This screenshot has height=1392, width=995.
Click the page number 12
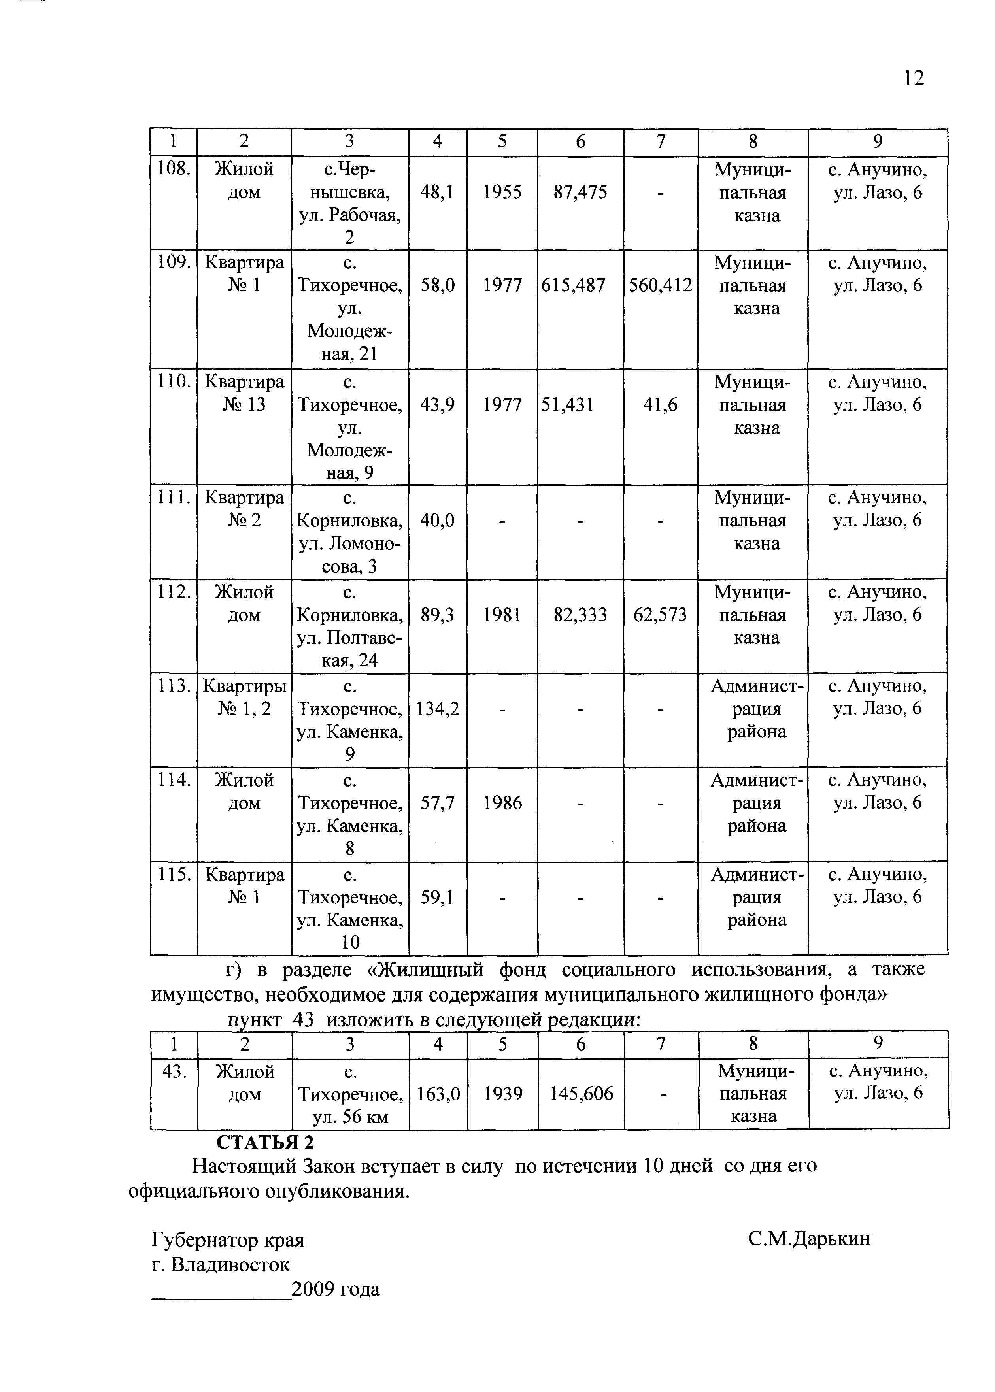[x=913, y=78]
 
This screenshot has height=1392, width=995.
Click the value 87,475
[x=580, y=192]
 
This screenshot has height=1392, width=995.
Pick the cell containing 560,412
[x=661, y=285]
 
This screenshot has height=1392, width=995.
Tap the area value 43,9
[x=438, y=405]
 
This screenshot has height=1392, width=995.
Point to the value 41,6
[x=661, y=405]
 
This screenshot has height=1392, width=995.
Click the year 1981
[x=502, y=615]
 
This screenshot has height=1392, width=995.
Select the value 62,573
[x=661, y=615]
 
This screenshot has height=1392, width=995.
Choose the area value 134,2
[x=438, y=709]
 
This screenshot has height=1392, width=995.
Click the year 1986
[x=502, y=803]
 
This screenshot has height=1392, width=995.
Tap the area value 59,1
[x=438, y=897]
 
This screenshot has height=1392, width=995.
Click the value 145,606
[x=581, y=1094]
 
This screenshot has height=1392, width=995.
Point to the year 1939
[x=502, y=1094]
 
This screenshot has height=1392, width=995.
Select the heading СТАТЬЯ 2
[x=265, y=1142]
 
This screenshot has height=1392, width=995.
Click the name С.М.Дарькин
[x=809, y=1239]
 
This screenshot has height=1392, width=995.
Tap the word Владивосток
[x=230, y=1264]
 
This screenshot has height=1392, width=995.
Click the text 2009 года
[x=336, y=1290]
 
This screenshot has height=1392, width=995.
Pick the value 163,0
[x=438, y=1094]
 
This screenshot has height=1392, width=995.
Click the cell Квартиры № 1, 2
[x=244, y=698]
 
